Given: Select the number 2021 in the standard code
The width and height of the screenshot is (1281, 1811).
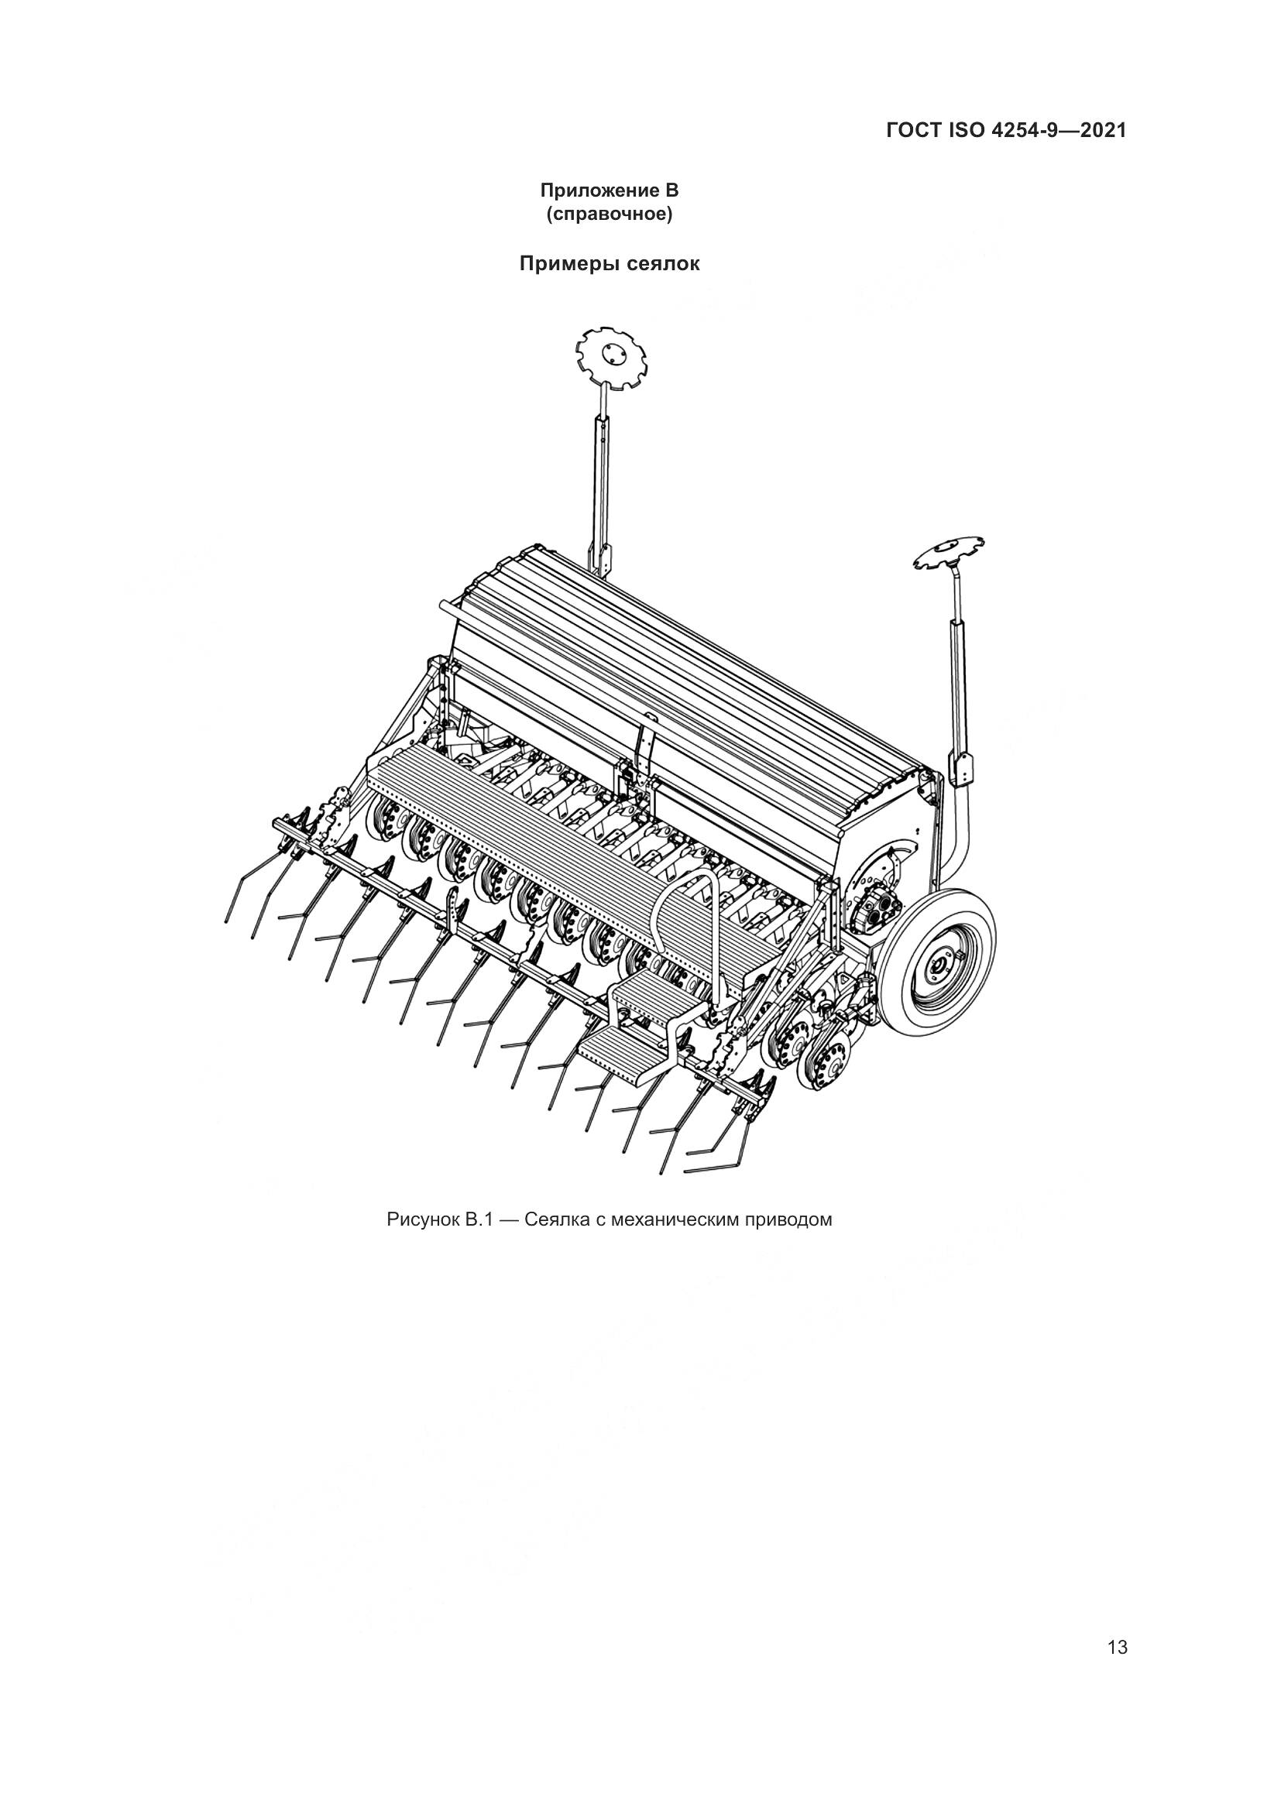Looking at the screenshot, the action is pyautogui.click(x=1103, y=130).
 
